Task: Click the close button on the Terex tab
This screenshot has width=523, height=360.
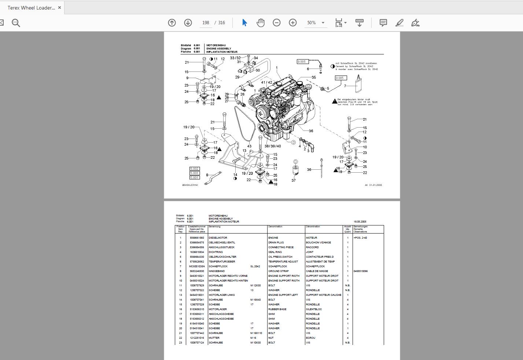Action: click(x=60, y=7)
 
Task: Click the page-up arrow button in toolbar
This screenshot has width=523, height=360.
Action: click(x=172, y=23)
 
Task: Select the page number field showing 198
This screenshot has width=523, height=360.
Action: click(x=206, y=23)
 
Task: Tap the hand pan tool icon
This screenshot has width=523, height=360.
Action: click(x=261, y=23)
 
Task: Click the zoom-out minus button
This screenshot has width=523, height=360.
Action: click(x=277, y=23)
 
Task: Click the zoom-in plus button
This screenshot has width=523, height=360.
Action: click(x=293, y=23)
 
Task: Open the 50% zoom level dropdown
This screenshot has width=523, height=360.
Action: click(x=323, y=23)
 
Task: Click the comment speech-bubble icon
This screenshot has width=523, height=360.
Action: click(x=383, y=23)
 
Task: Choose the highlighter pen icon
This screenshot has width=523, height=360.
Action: click(x=399, y=23)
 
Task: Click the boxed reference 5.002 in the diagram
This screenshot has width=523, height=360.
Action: click(x=195, y=169)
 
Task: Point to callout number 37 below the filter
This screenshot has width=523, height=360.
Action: click(x=294, y=180)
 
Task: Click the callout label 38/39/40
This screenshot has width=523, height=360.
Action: click(x=273, y=146)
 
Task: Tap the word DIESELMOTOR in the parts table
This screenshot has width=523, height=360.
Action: click(x=218, y=238)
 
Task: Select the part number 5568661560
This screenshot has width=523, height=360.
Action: click(x=197, y=238)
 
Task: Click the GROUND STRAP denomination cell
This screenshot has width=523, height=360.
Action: click(x=277, y=271)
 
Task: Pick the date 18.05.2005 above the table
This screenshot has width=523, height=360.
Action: click(x=360, y=222)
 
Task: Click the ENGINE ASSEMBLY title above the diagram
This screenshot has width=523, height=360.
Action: click(x=219, y=48)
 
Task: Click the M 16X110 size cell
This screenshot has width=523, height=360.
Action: click(x=256, y=333)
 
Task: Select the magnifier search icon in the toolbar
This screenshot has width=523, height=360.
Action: click(x=16, y=23)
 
